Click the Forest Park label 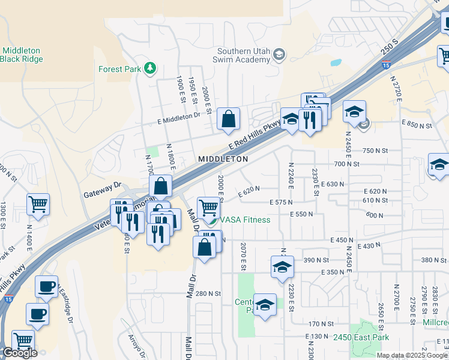[x=119, y=69]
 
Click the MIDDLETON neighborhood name [x=223, y=159]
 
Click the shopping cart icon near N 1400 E [x=38, y=204]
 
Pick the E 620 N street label [x=249, y=192]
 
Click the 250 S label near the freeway [x=389, y=52]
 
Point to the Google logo [x=19, y=353]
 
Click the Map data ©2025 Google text [x=412, y=355]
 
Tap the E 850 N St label [x=418, y=125]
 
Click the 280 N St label [x=208, y=293]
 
